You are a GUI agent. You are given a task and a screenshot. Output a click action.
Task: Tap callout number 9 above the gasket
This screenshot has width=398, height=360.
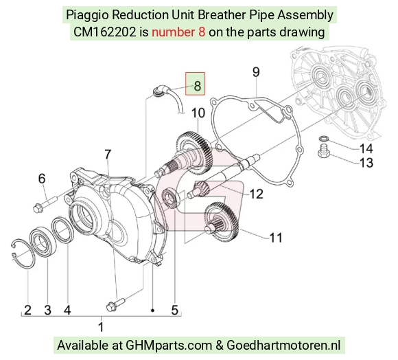coord(256,72)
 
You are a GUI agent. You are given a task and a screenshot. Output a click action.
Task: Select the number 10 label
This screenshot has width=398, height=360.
coord(198,113)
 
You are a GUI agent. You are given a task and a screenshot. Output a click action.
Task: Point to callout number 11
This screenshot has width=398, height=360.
coord(276,238)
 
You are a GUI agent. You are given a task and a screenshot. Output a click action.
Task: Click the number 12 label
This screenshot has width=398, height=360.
coord(257,194)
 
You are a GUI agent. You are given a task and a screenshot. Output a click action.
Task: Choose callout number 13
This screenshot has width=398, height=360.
coord(366,163)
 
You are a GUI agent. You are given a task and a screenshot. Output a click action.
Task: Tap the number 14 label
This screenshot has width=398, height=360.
coord(366,148)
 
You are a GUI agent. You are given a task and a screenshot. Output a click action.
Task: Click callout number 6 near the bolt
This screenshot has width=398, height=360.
coord(42,179)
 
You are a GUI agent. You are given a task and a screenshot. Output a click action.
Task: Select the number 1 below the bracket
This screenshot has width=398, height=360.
coord(101,327)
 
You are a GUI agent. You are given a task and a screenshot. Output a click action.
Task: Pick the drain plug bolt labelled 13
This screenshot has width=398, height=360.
coord(324,150)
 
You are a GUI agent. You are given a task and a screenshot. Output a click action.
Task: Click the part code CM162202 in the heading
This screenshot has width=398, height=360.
coord(104,32)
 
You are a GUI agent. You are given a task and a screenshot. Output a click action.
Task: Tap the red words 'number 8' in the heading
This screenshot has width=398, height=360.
coord(178,32)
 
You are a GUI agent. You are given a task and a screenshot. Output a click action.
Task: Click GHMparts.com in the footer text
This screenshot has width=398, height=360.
coord(169,346)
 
